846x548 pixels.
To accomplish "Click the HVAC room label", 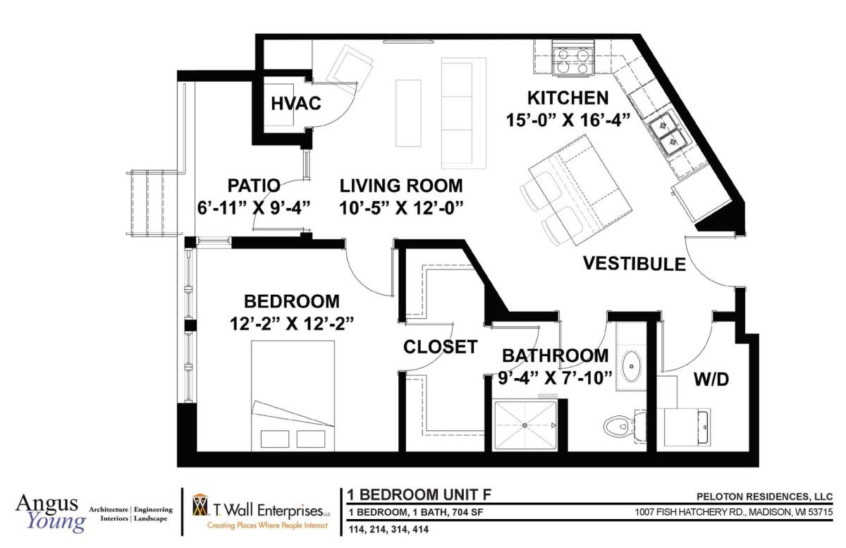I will click(296, 104).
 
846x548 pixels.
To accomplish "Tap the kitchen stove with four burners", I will click(572, 59).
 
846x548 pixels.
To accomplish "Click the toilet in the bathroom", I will click(621, 426).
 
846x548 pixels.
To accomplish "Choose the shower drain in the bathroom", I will click(525, 425).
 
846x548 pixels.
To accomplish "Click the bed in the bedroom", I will click(291, 396).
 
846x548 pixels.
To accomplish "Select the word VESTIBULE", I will click(634, 264).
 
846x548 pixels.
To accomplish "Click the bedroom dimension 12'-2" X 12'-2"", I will click(292, 322).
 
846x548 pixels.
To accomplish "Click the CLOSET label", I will click(440, 347).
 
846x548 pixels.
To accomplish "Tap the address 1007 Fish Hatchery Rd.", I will click(734, 511).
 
